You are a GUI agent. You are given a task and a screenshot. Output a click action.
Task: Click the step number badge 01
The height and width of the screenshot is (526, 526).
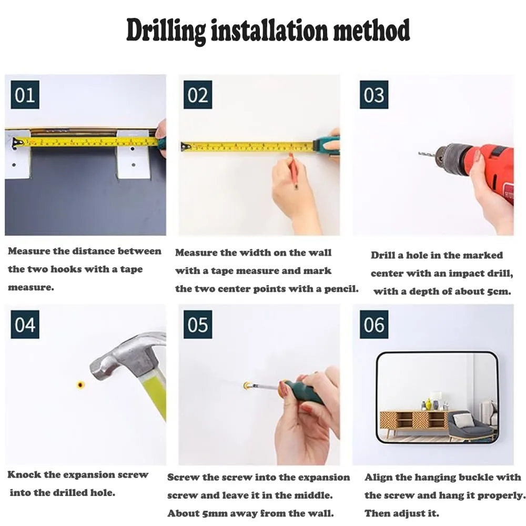tap(25, 95)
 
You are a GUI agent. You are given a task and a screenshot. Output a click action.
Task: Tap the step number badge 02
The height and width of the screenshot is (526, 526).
tap(198, 95)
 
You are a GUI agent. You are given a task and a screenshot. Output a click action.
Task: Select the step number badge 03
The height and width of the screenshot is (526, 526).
tap(374, 95)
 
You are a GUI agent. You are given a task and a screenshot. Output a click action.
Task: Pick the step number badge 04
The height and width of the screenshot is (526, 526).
tap(25, 325)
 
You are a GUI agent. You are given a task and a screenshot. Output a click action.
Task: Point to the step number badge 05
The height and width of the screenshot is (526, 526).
tap(198, 325)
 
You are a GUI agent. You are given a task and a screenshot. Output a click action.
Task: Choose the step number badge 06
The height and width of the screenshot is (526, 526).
tap(374, 325)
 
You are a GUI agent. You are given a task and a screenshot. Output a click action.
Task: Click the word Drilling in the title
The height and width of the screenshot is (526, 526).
tap(166, 31)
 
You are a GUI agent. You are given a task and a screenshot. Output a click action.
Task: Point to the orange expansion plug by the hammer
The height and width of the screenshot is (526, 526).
tap(80, 385)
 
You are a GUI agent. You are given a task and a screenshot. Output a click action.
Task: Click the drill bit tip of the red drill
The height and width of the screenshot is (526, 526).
tap(419, 153)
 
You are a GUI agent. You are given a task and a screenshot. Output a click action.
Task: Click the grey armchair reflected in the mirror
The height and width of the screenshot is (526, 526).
tap(468, 424)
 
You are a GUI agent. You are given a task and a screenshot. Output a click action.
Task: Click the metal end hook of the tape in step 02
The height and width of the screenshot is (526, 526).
tap(185, 147)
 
